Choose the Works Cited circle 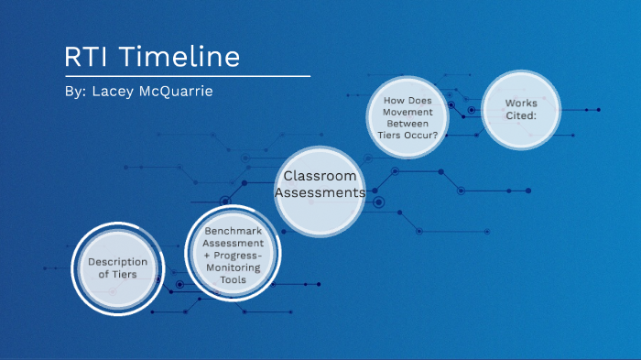(521, 110)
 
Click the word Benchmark (234, 232)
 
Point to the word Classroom (320, 176)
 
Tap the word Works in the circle (521, 103)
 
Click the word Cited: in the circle (521, 116)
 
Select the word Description (117, 262)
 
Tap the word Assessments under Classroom (320, 193)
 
